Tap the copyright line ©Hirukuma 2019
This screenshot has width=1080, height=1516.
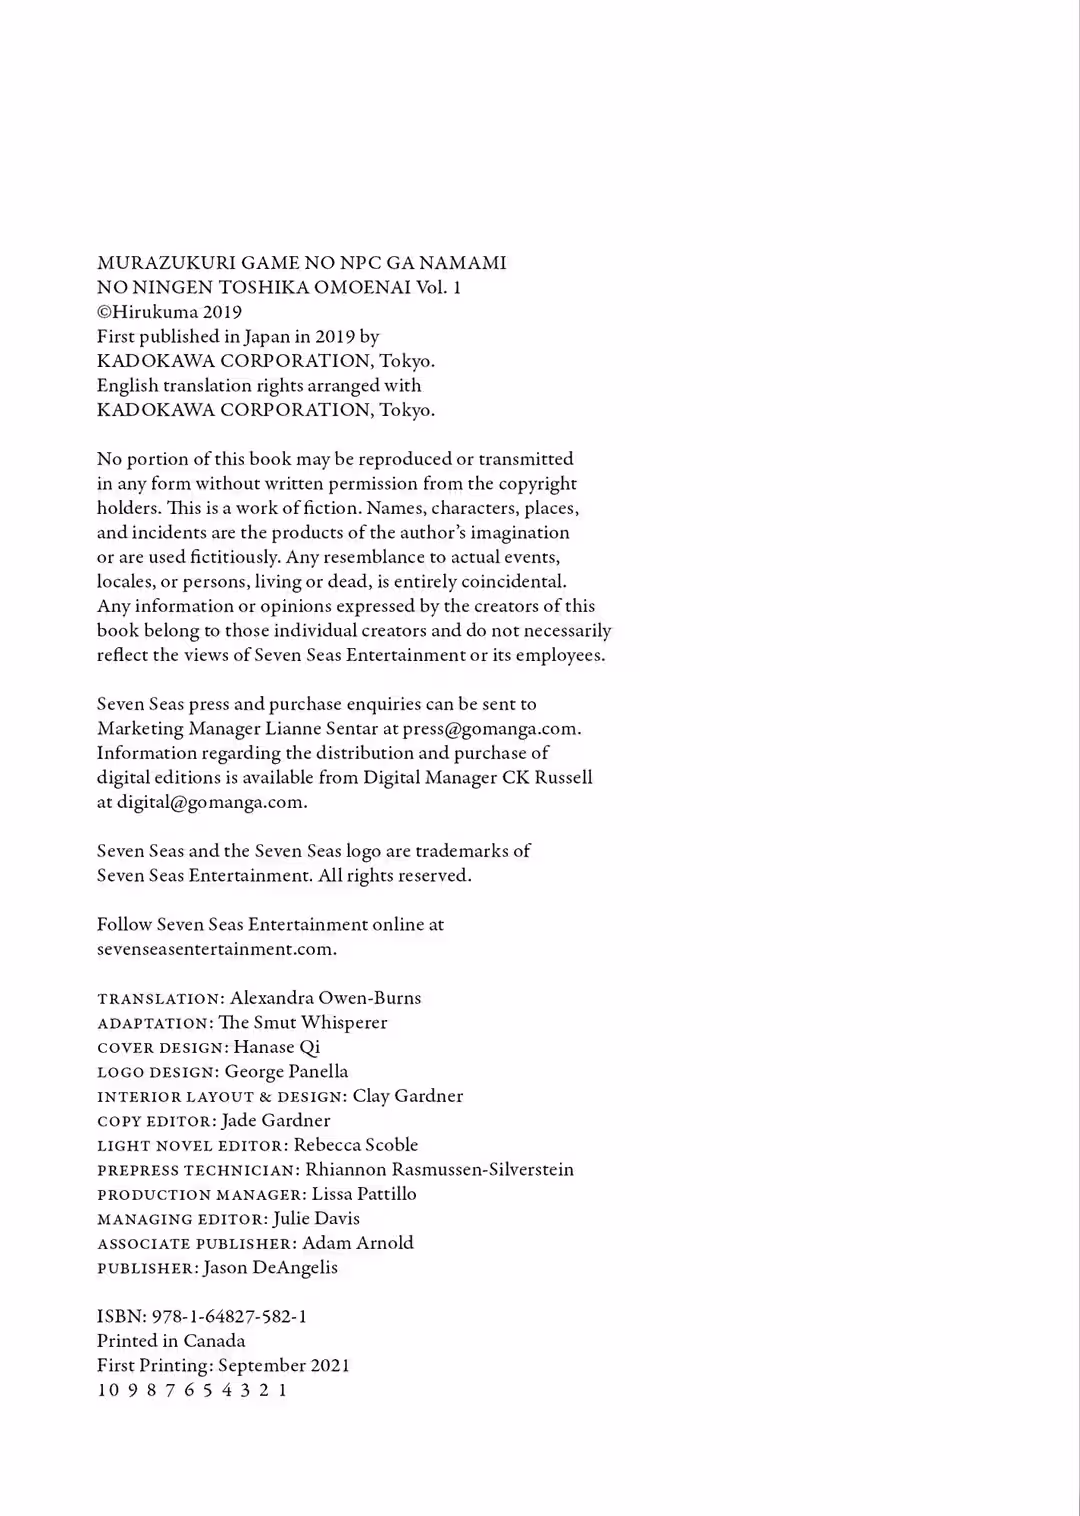point(169,312)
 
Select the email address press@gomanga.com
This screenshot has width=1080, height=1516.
point(490,729)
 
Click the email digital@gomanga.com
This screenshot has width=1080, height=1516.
point(211,802)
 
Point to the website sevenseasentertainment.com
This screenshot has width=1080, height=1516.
point(216,949)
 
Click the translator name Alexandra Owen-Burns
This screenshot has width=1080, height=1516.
point(325,998)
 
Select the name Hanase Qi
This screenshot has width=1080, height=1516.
point(276,1047)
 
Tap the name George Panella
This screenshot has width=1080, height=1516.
point(286,1072)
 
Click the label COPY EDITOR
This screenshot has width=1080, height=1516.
point(155,1121)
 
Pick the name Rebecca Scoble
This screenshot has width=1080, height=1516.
point(355,1145)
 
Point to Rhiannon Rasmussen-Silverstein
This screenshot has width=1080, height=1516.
point(439,1170)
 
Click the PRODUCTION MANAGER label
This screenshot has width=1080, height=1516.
point(200,1194)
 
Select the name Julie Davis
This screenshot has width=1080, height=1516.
point(316,1219)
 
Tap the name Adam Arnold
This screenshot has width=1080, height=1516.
point(357,1243)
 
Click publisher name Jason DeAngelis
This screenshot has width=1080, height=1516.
point(270,1268)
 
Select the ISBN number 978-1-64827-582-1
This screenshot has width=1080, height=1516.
point(229,1317)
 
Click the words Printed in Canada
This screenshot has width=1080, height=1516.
point(171,1341)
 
